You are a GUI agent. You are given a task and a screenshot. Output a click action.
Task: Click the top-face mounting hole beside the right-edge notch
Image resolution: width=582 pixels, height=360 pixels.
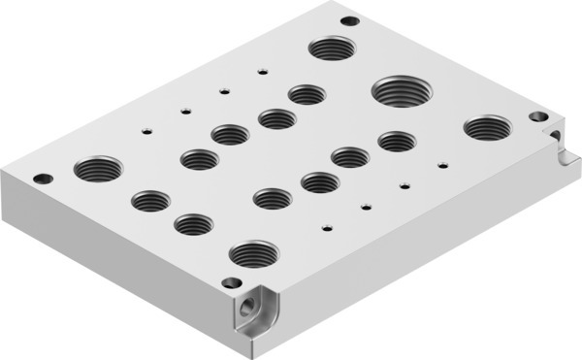pos(539,116)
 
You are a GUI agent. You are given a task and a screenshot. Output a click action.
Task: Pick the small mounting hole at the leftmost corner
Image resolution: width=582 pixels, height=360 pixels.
pos(42,179)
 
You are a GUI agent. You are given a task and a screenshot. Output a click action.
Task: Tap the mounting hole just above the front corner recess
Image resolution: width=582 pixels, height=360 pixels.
pos(231,282)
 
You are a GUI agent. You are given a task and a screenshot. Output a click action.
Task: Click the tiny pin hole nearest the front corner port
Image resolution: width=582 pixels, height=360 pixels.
pos(327,229)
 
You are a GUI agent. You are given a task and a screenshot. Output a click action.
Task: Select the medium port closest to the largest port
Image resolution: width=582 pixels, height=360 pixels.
pos(397,142)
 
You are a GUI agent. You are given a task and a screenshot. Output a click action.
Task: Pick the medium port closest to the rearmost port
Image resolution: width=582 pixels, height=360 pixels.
pos(307,94)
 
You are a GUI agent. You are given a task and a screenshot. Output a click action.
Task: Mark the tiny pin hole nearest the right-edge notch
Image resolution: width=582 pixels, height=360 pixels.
pos(443,165)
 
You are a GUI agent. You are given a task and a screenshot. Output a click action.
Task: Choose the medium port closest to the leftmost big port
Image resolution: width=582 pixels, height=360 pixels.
pos(150,201)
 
